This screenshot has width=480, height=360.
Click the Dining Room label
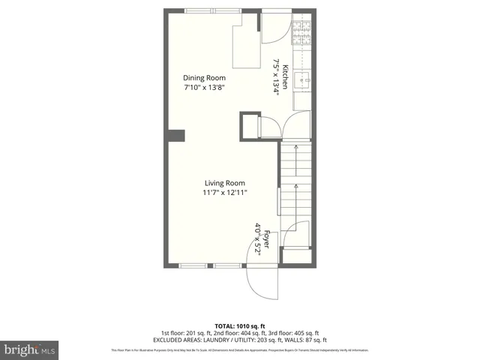pos(205,78)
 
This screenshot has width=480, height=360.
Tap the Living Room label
pos(225,183)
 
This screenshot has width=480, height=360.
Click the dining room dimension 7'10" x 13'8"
pos(205,88)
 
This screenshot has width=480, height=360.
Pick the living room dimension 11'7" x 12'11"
pos(225,193)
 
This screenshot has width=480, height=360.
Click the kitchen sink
pos(302,79)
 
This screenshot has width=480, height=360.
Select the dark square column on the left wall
pos(175,136)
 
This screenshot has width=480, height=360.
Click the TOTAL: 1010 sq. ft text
pos(240,325)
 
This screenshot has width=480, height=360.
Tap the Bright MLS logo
pos(30,349)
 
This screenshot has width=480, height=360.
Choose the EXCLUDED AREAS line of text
pos(240,340)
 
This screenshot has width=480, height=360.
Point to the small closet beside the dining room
pos(250,126)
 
